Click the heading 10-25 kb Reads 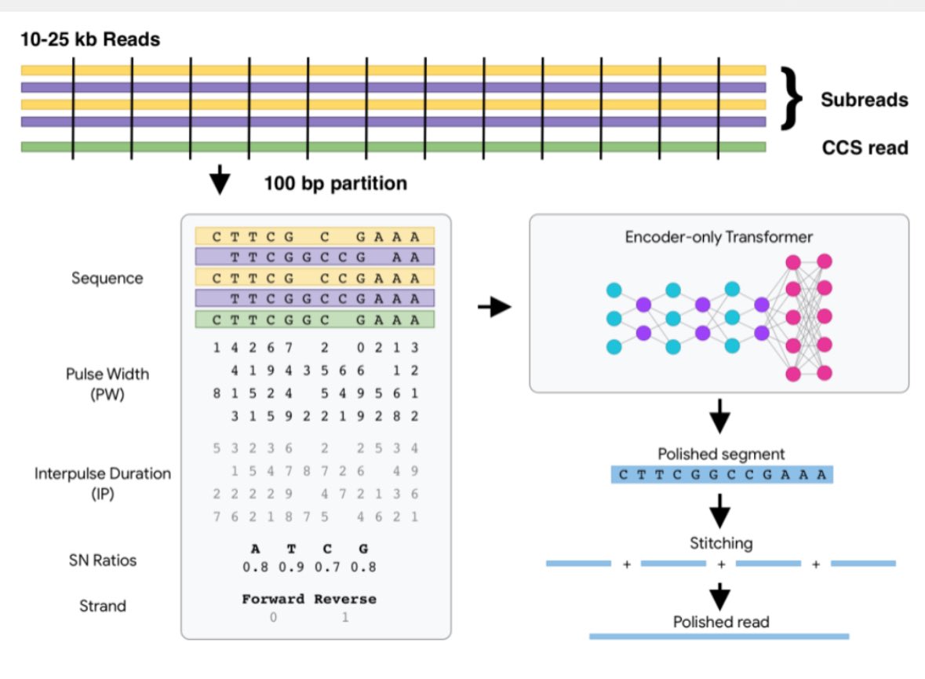pyautogui.click(x=90, y=38)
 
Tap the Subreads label pyautogui.click(x=864, y=100)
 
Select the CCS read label pyautogui.click(x=865, y=147)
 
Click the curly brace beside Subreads pyautogui.click(x=793, y=97)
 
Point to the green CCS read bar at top pyautogui.click(x=392, y=147)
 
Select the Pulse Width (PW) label pyautogui.click(x=107, y=384)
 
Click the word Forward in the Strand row pyautogui.click(x=274, y=599)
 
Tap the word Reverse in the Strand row pyautogui.click(x=345, y=599)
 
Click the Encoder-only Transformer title pyautogui.click(x=719, y=236)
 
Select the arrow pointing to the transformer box pyautogui.click(x=493, y=308)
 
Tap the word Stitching pyautogui.click(x=720, y=542)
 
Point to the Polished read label pyautogui.click(x=720, y=622)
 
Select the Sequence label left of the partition pyautogui.click(x=107, y=278)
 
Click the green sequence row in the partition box pyautogui.click(x=314, y=319)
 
